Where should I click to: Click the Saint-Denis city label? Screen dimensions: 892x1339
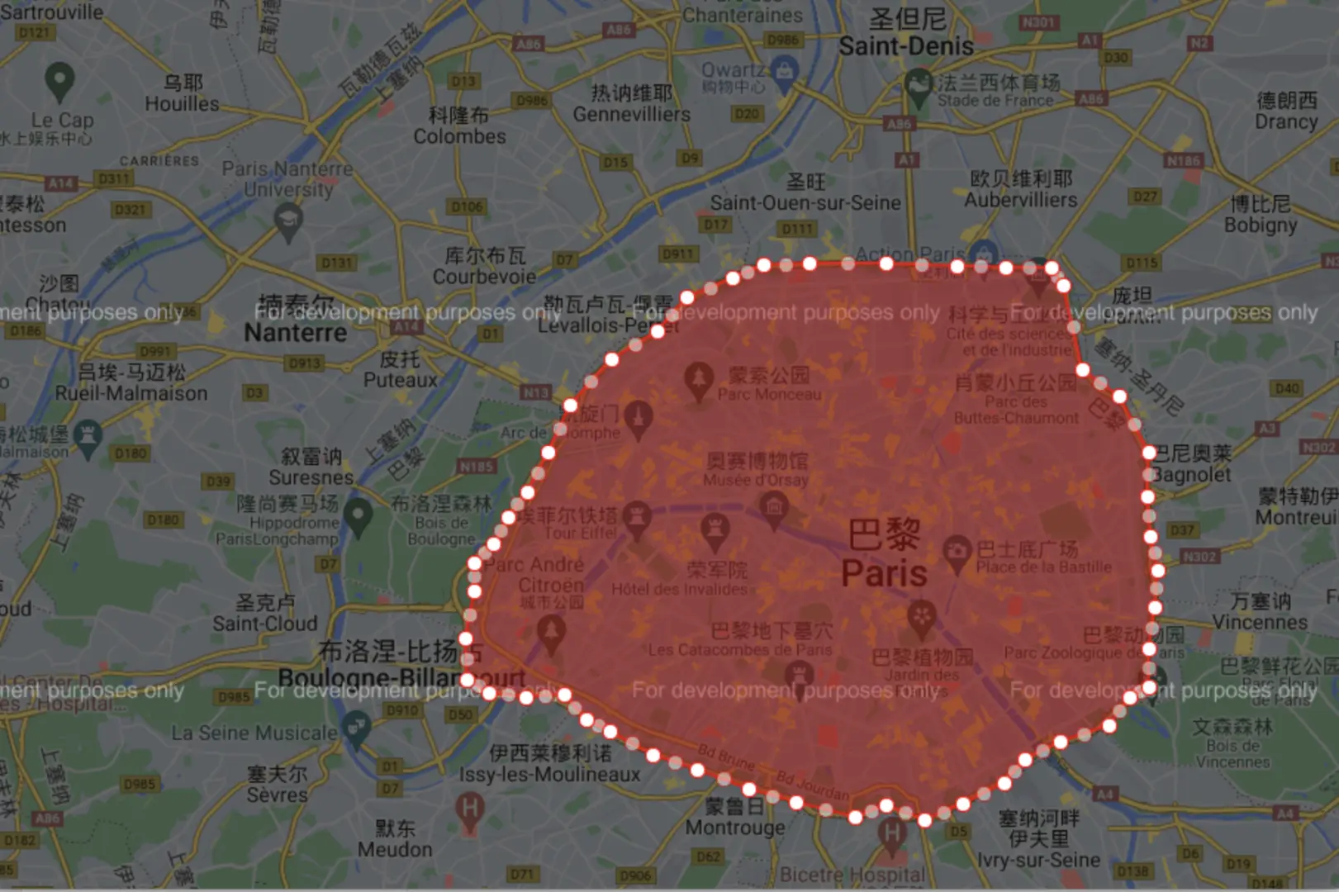tap(906, 46)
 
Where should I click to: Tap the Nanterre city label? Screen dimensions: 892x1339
tap(295, 333)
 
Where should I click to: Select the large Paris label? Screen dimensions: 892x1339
tap(884, 572)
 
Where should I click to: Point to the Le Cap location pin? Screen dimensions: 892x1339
tap(59, 81)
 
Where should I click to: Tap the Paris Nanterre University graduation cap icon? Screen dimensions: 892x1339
tap(288, 221)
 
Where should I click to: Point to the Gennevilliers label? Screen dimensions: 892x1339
tap(631, 114)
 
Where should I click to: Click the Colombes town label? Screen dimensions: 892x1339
tap(459, 136)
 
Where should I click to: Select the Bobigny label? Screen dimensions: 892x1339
tap(1260, 225)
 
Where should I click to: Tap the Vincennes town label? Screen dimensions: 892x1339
tap(1260, 622)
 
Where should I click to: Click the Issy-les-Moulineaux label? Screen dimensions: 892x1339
tap(550, 774)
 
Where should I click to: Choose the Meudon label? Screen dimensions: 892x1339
tap(394, 849)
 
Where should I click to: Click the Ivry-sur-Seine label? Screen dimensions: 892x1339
tap(1038, 860)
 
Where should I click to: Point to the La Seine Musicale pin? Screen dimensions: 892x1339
tap(357, 729)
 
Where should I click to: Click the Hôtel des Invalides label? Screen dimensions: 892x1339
tap(679, 589)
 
